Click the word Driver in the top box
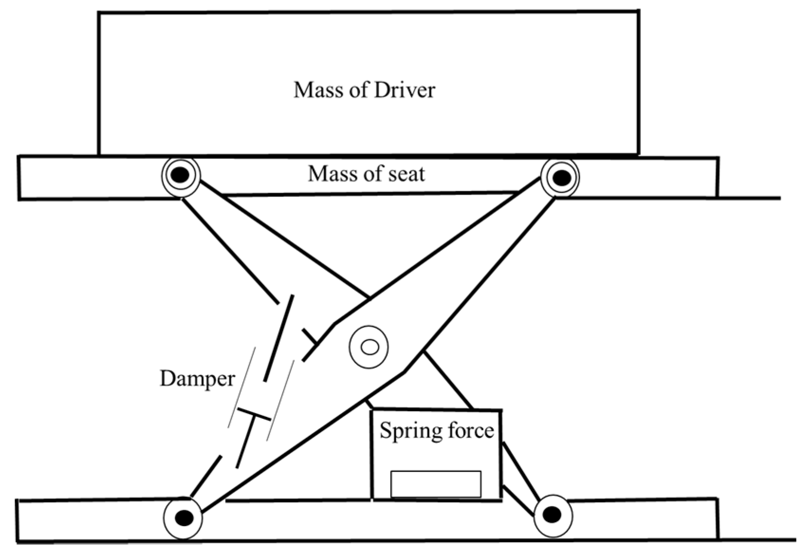coord(404,90)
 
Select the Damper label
coord(197,379)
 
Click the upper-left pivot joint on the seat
coord(181,175)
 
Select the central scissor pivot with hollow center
coord(369,347)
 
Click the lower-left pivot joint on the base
coord(183,517)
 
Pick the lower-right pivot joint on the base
coord(552,515)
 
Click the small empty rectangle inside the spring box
coord(436,484)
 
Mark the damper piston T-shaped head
coord(254,414)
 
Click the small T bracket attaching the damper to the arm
coord(310,336)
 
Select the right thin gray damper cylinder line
coord(281,399)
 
